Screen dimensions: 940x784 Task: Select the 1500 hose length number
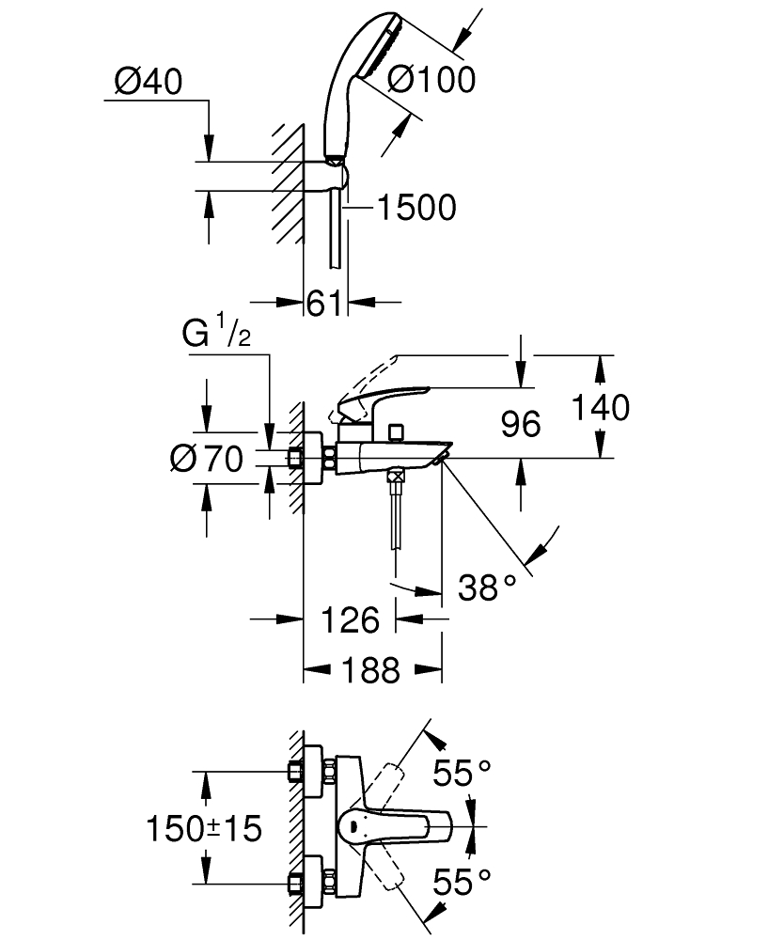pos(416,207)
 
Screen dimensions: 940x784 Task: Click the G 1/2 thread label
pos(216,336)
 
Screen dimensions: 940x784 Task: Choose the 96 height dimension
pos(520,424)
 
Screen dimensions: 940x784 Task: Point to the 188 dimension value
pos(372,671)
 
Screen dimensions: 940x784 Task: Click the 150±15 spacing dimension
pos(204,828)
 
